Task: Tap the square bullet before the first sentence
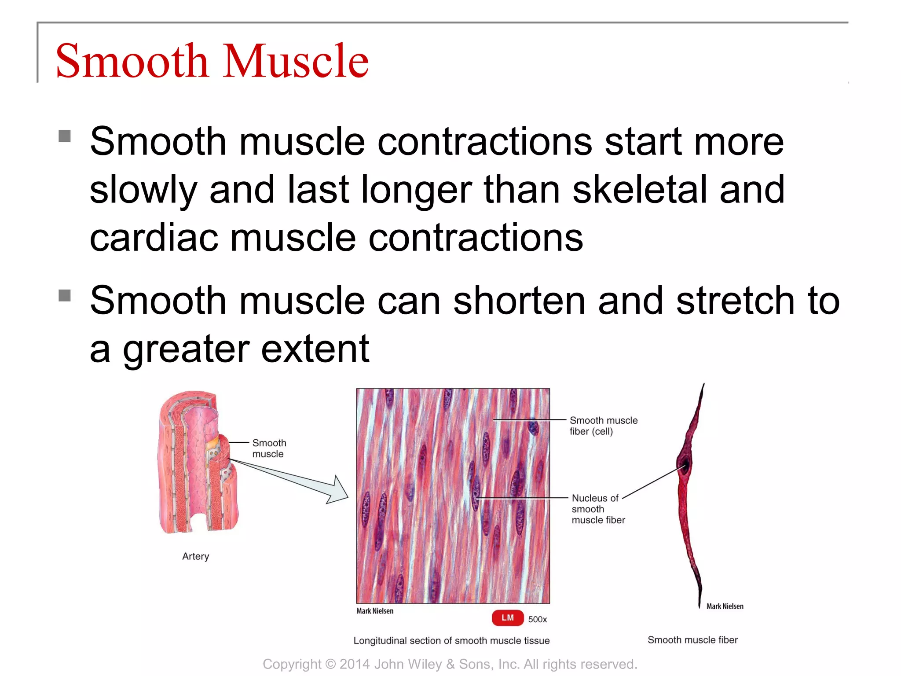[x=65, y=136]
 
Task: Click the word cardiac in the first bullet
[x=154, y=238]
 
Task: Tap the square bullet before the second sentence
[x=65, y=295]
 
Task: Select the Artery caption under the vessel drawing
[x=195, y=556]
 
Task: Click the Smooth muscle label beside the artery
[x=268, y=448]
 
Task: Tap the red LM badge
[x=507, y=618]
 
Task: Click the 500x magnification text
[x=537, y=619]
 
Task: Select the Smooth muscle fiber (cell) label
[x=603, y=426]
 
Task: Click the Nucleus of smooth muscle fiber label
[x=597, y=509]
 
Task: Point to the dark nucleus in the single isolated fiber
[x=685, y=466]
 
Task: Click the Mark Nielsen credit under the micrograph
[x=375, y=611]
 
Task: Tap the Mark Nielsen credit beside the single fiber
[x=725, y=606]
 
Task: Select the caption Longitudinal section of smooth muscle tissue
[x=451, y=641]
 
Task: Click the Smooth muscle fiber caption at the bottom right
[x=692, y=640]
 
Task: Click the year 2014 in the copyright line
[x=354, y=664]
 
